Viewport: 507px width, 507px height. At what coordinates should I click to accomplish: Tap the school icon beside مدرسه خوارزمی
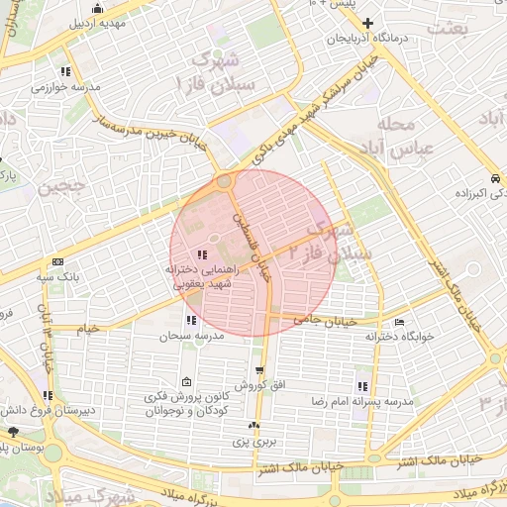coord(65,71)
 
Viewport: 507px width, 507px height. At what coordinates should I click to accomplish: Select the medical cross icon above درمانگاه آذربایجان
coord(368,23)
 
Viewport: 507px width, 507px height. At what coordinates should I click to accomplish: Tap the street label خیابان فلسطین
coord(253,243)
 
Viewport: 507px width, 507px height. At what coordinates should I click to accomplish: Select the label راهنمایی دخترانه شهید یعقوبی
coord(203,276)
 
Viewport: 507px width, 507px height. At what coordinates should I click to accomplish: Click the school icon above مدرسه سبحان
coord(190,320)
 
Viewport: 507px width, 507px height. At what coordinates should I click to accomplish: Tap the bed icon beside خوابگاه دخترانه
coord(398,323)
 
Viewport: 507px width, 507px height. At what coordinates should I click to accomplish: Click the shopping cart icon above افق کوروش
coord(259,369)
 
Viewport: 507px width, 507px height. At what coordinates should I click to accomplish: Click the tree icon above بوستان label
coord(13,432)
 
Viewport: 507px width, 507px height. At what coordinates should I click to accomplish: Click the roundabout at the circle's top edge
coord(226,182)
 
